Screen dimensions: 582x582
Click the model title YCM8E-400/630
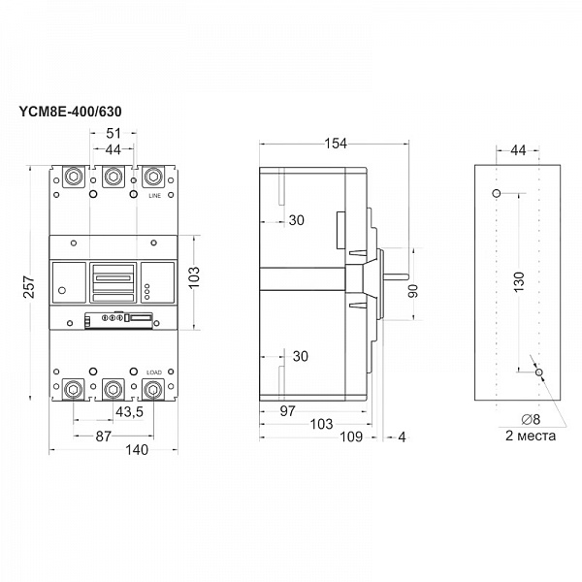[70, 113]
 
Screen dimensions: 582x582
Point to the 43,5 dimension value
[129, 412]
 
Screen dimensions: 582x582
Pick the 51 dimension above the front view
[112, 135]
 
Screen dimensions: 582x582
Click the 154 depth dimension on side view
[336, 145]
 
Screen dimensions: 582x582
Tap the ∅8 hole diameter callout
[531, 419]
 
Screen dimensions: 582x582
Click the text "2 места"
[531, 436]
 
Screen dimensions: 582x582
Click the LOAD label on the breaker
[153, 372]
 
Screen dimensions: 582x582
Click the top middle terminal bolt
[112, 177]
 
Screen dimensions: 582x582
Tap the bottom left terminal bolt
[72, 390]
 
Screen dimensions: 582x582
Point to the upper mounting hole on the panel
[497, 194]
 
